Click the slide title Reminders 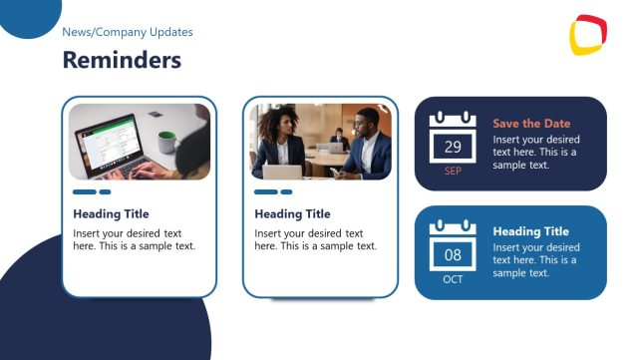(122, 61)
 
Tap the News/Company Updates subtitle (128, 33)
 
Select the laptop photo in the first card (140, 142)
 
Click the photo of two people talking (320, 142)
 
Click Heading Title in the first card (111, 213)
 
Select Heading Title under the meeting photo (292, 213)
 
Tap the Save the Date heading (531, 124)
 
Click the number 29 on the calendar (453, 148)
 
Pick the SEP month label (453, 172)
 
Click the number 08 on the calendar (453, 256)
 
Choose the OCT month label (453, 279)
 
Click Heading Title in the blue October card (530, 231)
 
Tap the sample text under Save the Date (535, 153)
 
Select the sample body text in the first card (134, 239)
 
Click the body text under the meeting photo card (315, 239)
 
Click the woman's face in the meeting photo (282, 123)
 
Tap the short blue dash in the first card (105, 191)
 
